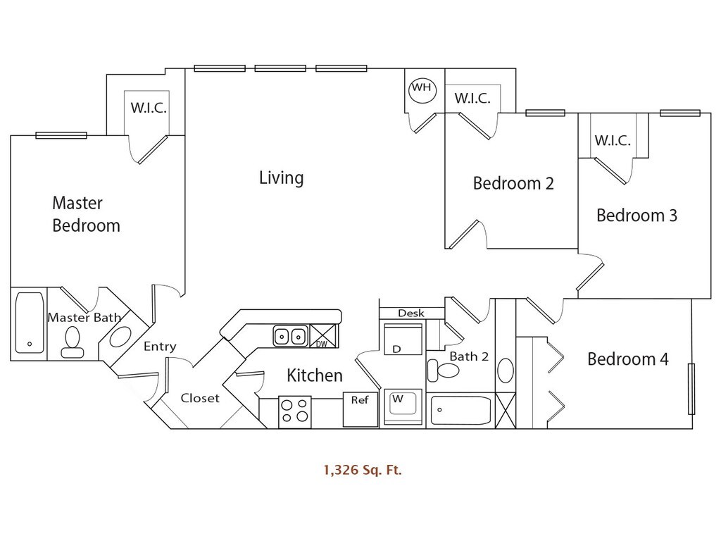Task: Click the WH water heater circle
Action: click(422, 89)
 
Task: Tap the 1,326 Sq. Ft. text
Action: click(363, 470)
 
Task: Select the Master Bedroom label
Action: click(86, 214)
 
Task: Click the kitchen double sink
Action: click(290, 336)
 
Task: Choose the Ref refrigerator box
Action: click(360, 409)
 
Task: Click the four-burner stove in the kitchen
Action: click(295, 410)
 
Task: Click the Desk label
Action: click(411, 313)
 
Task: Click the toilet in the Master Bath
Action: click(72, 343)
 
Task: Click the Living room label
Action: click(281, 178)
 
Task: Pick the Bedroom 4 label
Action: click(627, 359)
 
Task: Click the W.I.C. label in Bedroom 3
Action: click(612, 140)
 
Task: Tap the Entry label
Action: click(160, 347)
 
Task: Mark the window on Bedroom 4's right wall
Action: click(691, 389)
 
